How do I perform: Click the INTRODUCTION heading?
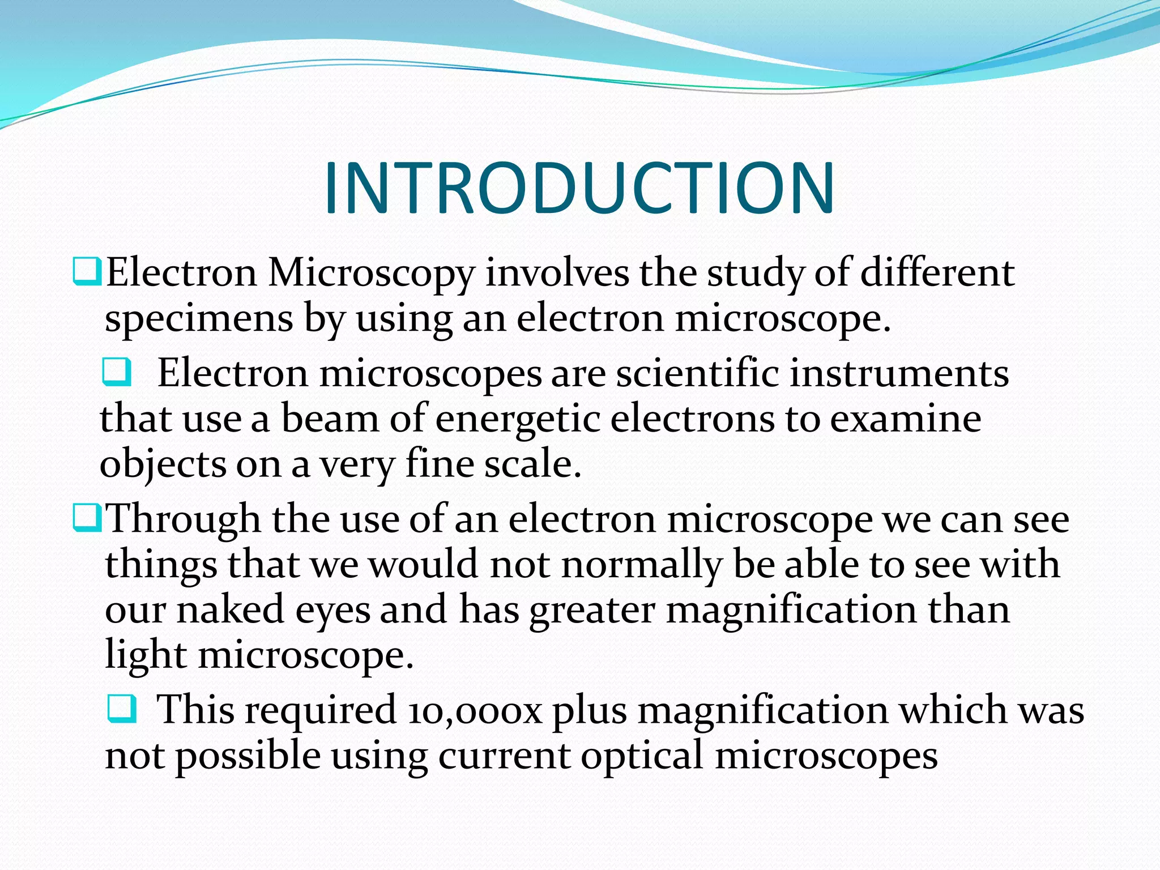[x=579, y=188]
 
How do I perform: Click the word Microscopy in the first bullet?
[x=371, y=274]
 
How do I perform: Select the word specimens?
[x=199, y=319]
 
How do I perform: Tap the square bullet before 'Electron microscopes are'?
[x=117, y=372]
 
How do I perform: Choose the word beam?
[x=330, y=419]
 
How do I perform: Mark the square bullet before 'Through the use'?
[x=87, y=518]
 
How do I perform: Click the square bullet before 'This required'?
[x=122, y=709]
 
